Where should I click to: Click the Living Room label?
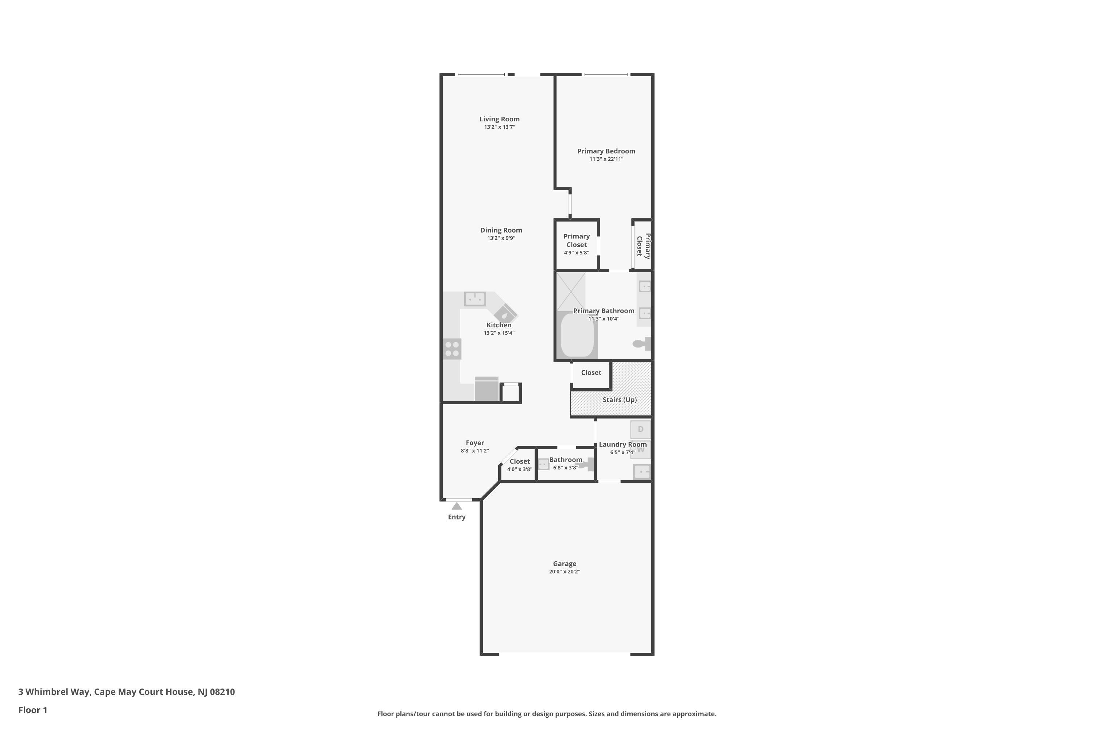(500, 119)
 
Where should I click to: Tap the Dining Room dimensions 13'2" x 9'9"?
(501, 238)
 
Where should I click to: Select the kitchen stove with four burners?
(452, 349)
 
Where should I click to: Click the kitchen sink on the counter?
(475, 299)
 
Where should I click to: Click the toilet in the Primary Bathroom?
(642, 344)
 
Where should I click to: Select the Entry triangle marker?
(457, 506)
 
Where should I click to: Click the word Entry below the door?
(457, 517)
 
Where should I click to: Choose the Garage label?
(565, 564)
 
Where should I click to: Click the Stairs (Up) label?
(620, 400)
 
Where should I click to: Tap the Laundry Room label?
(623, 444)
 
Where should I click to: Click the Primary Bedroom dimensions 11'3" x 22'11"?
(606, 159)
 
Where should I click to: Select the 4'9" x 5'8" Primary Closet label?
(577, 244)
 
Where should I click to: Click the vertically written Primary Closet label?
(643, 246)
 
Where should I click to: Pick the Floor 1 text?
(33, 710)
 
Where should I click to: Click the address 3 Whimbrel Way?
(54, 692)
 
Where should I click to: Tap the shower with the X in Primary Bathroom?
(571, 292)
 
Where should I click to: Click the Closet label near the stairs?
(591, 373)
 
